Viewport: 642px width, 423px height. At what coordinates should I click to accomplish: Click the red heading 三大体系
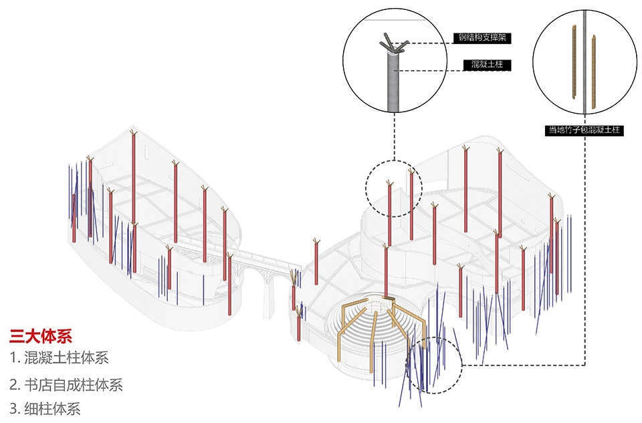coord(41,336)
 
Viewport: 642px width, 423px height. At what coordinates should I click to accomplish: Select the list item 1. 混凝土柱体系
coord(59,358)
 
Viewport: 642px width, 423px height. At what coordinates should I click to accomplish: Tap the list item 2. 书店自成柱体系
coord(66,384)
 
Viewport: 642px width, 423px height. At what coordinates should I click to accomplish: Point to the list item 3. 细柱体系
coord(45,409)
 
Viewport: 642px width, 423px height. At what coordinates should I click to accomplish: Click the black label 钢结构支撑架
coord(482,37)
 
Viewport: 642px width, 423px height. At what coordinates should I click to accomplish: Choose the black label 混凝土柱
coord(487,64)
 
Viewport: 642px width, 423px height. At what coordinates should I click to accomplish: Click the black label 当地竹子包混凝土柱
coord(584,130)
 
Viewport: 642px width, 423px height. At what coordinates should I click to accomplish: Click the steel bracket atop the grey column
coord(393,44)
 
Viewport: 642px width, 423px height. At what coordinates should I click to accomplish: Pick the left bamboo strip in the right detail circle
coord(574,61)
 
